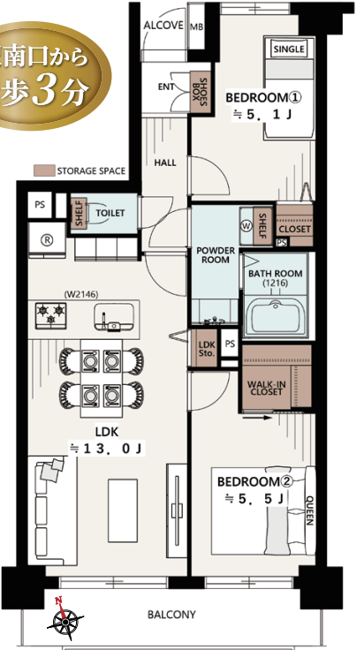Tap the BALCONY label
(171, 615)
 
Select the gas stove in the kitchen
(51, 315)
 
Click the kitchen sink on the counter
(114, 317)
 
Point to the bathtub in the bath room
(276, 318)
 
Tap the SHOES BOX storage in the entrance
(201, 92)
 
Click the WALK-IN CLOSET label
(267, 388)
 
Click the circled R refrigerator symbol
(48, 240)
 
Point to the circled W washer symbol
(246, 227)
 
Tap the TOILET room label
(110, 213)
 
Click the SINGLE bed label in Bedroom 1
(290, 49)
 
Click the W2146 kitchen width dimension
(81, 295)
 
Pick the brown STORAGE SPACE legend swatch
(44, 170)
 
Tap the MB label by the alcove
(196, 27)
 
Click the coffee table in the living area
(123, 510)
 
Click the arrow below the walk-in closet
(257, 418)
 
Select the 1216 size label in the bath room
(276, 283)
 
